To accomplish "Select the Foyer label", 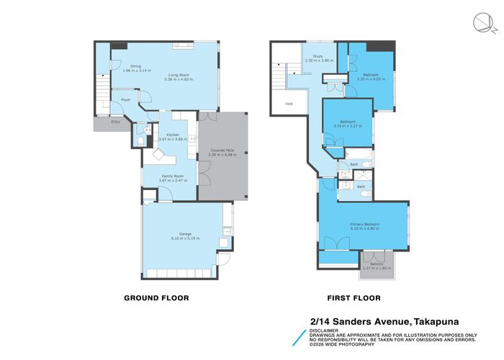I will click(125, 100).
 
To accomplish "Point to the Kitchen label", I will click(173, 135).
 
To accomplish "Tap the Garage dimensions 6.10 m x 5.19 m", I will click(185, 238).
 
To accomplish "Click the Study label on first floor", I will click(316, 57).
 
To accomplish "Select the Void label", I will click(289, 104).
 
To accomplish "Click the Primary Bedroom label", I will click(365, 225).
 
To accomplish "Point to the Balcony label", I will click(377, 265).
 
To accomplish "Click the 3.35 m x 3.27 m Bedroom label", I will click(347, 123).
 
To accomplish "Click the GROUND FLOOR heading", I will click(156, 297).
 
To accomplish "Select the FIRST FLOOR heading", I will click(354, 297).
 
